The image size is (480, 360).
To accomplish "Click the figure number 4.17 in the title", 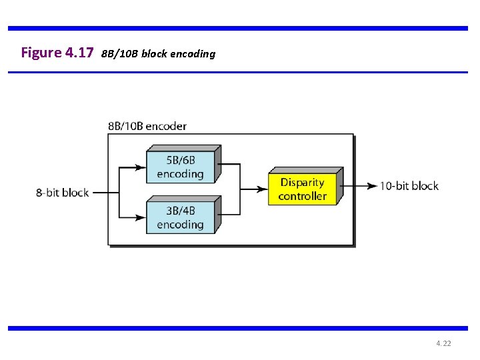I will pyautogui.click(x=80, y=53).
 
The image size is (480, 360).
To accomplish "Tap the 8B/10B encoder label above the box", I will pyautogui.click(x=147, y=126).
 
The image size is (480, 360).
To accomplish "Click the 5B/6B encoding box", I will pyautogui.click(x=181, y=167).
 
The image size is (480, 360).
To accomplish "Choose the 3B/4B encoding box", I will pyautogui.click(x=181, y=217).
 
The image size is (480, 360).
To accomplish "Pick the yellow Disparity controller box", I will pyautogui.click(x=303, y=189).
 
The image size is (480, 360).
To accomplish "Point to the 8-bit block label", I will pyautogui.click(x=62, y=193).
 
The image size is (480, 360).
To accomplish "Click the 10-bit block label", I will pyautogui.click(x=409, y=186).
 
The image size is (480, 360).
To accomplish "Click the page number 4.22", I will pyautogui.click(x=443, y=343).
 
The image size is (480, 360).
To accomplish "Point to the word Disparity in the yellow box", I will pyautogui.click(x=302, y=182).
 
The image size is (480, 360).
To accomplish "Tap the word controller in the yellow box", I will pyautogui.click(x=303, y=196).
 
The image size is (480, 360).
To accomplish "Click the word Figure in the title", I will pyautogui.click(x=41, y=53).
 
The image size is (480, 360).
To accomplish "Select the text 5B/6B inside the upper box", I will pyautogui.click(x=180, y=161).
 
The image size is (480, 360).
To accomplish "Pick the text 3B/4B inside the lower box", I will pyautogui.click(x=180, y=211).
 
